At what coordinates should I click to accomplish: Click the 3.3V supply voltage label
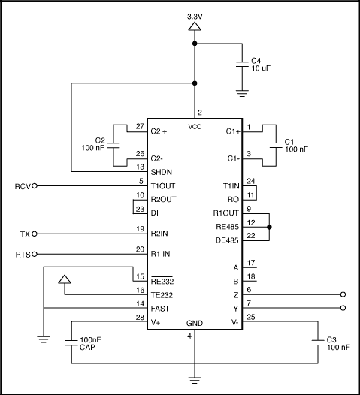click(x=195, y=14)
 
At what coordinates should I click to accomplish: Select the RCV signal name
click(x=22, y=185)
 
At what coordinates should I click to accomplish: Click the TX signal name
click(x=25, y=234)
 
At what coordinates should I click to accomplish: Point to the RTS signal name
click(x=23, y=254)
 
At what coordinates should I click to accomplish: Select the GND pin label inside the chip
click(x=195, y=324)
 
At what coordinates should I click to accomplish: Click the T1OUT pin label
click(x=163, y=186)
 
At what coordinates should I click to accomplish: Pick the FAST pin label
click(x=161, y=308)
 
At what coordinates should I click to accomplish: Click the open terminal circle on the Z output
click(x=344, y=295)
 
